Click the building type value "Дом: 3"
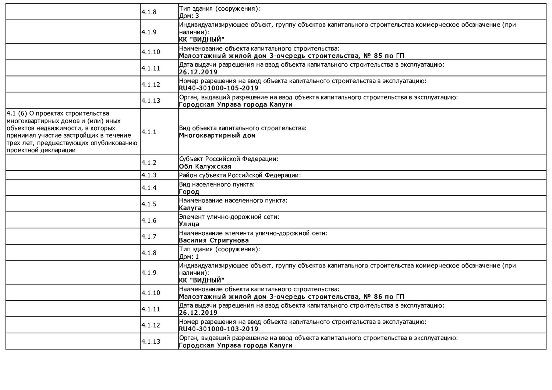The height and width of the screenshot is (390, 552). [x=189, y=16]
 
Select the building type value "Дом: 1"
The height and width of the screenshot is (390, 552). [x=189, y=257]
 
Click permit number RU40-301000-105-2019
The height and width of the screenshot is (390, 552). [x=219, y=88]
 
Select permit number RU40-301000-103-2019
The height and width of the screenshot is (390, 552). [x=219, y=329]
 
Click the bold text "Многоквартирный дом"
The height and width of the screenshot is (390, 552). [x=217, y=135]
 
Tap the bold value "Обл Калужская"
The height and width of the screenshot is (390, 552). [x=205, y=166]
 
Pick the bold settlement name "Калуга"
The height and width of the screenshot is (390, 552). [x=190, y=208]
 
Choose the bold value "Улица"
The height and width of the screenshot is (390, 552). [x=189, y=224]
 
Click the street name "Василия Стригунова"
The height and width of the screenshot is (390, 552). [x=214, y=241]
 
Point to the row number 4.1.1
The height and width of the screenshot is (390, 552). [x=149, y=132]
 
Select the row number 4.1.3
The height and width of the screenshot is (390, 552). [x=149, y=175]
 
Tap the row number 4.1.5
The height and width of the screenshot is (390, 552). [x=149, y=204]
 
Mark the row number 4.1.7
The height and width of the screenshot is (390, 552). [x=149, y=237]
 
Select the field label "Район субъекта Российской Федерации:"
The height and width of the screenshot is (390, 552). [x=240, y=175]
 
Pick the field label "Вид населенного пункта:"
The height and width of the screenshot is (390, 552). [x=217, y=184]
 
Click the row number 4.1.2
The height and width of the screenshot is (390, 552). [x=149, y=163]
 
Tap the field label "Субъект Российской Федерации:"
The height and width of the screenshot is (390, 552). [x=229, y=159]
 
